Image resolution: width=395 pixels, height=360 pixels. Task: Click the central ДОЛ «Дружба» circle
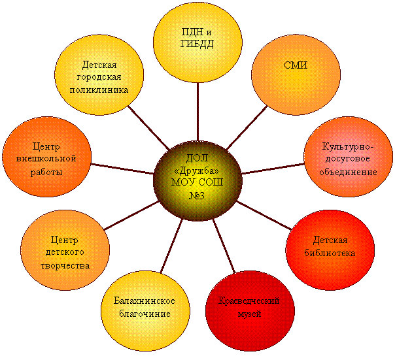197,181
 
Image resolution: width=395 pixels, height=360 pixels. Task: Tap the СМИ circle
296,75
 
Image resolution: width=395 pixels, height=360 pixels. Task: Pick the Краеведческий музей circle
250,311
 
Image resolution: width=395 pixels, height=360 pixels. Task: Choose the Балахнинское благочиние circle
145,311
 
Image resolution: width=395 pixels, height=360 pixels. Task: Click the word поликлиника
99,90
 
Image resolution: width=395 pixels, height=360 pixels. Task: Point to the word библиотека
330,252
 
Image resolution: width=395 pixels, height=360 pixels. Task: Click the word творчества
65,266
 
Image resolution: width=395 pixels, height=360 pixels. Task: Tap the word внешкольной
46,159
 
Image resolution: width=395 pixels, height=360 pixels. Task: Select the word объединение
348,172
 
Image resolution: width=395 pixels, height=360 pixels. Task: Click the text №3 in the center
197,195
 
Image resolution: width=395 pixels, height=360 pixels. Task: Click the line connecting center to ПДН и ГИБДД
198,112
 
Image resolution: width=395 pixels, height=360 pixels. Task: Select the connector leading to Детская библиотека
264,216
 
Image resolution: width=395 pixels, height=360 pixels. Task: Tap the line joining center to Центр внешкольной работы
122,169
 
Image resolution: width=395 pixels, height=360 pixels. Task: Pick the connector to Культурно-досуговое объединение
273,169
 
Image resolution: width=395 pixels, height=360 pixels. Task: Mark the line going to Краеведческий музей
224,246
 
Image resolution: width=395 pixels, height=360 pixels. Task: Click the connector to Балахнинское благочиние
171,246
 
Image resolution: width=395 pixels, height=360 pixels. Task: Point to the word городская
99,77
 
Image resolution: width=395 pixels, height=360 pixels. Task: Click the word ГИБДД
197,44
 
